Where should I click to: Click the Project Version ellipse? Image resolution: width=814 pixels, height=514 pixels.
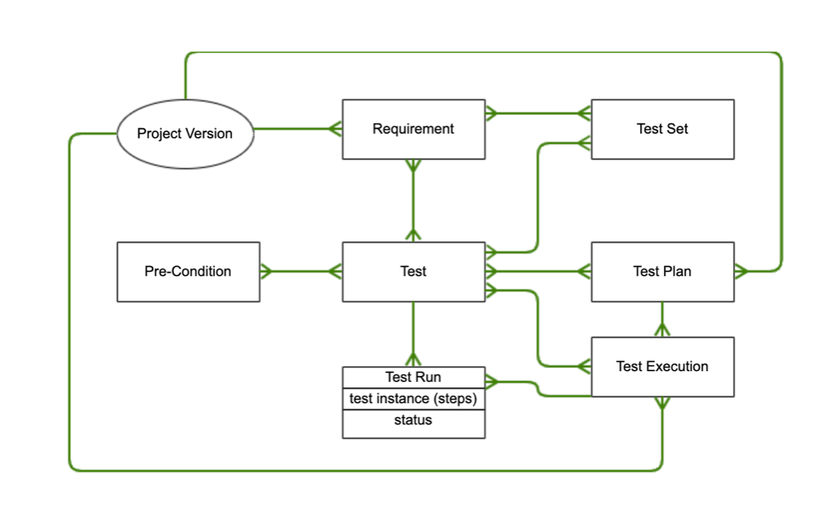(185, 134)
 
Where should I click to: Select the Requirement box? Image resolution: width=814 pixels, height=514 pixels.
(413, 129)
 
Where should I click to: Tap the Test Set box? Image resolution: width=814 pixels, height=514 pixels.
(662, 129)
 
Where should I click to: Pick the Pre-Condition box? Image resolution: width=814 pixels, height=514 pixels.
(188, 272)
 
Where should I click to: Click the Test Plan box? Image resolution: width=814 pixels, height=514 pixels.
(662, 272)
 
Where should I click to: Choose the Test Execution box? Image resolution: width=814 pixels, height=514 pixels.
(662, 367)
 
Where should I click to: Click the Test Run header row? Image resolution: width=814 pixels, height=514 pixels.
(413, 378)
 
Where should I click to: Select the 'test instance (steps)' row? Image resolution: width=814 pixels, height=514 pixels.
(413, 399)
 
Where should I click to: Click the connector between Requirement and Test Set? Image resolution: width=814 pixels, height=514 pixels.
(537, 112)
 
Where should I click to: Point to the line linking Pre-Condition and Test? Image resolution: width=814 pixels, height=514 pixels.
(300, 272)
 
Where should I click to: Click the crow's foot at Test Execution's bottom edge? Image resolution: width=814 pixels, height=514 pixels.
(661, 404)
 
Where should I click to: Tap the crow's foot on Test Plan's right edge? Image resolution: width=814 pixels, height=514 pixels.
(741, 271)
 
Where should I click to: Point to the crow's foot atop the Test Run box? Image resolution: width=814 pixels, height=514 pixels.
(413, 360)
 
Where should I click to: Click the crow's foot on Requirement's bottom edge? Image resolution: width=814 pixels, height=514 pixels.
(413, 166)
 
